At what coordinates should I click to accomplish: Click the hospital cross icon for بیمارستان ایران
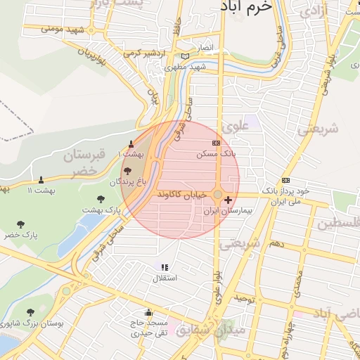tap(228, 200)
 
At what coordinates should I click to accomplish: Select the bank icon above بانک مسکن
tap(216, 143)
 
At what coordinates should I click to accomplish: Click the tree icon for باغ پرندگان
tap(127, 171)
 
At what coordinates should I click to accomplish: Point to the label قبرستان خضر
tap(88, 162)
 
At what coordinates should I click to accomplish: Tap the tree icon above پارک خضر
tap(20, 224)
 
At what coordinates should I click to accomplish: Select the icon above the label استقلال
tap(165, 268)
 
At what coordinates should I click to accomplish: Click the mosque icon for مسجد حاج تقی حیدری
tap(148, 312)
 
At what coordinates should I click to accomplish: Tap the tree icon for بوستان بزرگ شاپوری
tap(30, 312)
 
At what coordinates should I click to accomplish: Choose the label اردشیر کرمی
tap(143, 53)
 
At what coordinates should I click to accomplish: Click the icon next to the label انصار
tap(185, 57)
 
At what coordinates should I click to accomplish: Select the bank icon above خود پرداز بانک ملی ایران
tap(285, 180)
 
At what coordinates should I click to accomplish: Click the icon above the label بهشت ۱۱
tap(41, 180)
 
